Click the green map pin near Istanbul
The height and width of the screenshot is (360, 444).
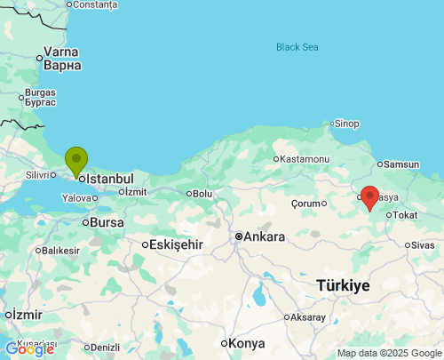(x=76, y=161)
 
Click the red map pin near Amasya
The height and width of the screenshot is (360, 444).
(x=369, y=196)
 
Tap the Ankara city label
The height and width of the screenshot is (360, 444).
(x=266, y=236)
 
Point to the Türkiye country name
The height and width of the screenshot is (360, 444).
(x=342, y=285)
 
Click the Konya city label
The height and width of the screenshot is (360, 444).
(x=246, y=343)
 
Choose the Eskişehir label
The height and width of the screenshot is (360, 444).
(x=177, y=244)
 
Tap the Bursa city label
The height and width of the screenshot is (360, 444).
(x=107, y=222)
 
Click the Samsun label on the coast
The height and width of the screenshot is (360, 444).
(x=401, y=164)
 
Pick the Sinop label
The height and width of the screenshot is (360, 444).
(x=345, y=124)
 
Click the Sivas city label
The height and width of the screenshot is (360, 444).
(x=423, y=244)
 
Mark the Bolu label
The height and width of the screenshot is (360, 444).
(x=202, y=193)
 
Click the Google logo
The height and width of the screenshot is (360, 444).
(x=29, y=349)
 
